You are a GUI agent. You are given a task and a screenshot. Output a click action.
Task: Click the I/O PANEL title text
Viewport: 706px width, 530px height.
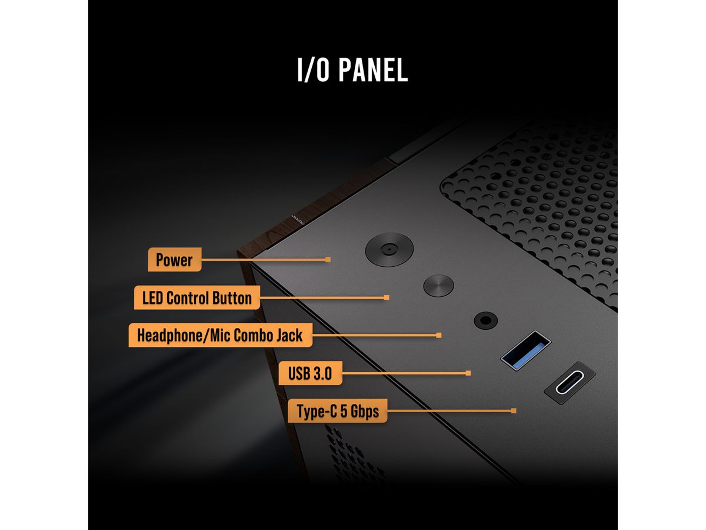pos(352,70)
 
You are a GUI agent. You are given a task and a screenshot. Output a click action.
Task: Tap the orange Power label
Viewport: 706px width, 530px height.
pos(174,259)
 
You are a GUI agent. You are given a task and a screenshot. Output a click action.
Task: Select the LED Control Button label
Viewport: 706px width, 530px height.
pos(197,297)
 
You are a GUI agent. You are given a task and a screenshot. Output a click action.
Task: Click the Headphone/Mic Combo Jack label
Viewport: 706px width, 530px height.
pos(220,335)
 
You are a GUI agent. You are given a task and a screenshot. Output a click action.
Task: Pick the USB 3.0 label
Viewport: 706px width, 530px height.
pos(310,373)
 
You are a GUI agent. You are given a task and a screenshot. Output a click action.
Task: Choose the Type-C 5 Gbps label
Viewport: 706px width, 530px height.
pos(337,411)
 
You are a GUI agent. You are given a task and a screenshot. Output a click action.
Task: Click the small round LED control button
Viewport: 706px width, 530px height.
pos(438,286)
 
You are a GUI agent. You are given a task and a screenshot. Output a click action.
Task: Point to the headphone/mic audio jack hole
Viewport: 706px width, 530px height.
pos(486,320)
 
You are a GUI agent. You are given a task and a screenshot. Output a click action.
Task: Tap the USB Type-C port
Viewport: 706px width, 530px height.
pos(570,382)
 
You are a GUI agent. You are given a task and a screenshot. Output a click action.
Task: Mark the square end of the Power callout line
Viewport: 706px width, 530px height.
pos(328,259)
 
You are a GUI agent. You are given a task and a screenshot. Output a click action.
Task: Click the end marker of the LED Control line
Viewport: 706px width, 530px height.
pos(387,297)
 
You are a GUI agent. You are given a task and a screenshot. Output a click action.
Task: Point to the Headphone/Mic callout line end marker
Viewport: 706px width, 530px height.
pos(439,335)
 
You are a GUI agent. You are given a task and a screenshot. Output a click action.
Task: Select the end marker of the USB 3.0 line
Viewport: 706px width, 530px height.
pos(468,373)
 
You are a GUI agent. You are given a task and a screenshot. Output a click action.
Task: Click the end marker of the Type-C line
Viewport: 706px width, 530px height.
pos(514,410)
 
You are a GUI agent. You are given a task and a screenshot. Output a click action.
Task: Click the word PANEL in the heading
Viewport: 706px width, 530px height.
pos(373,70)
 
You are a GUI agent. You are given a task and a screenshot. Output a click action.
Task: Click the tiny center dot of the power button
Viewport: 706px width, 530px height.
pos(389,249)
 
